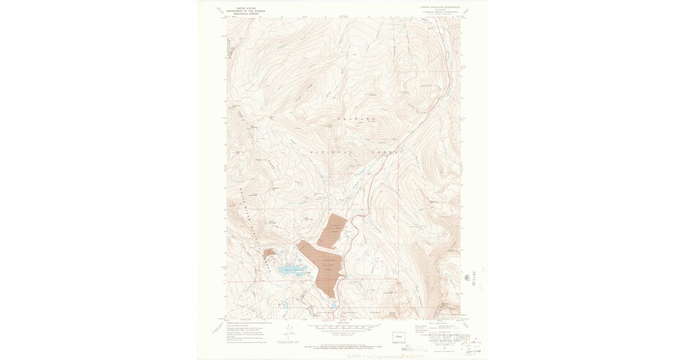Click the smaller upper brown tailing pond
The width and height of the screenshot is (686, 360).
(x=333, y=231)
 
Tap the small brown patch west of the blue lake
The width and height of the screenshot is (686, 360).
(x=269, y=252)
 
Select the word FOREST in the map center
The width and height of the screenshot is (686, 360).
(x=389, y=153)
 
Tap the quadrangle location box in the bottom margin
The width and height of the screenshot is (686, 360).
(x=398, y=337)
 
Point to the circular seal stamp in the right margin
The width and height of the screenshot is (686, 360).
(x=468, y=278)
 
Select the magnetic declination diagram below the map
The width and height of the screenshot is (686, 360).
(x=290, y=331)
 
